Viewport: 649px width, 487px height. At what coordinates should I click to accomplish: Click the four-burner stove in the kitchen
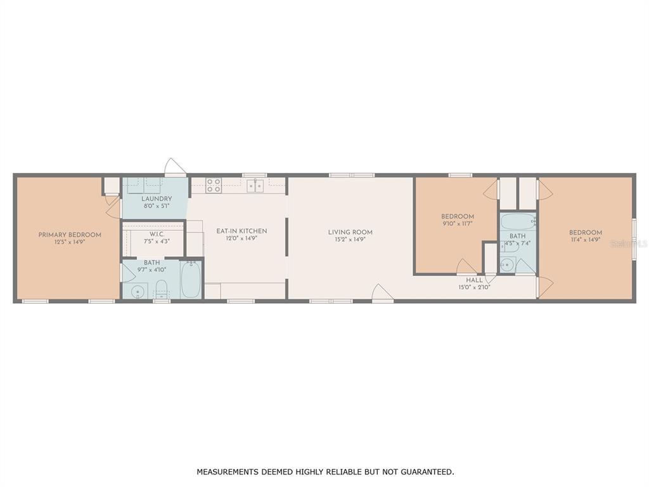(x=214, y=185)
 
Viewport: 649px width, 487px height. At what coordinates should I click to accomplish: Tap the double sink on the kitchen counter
(x=255, y=186)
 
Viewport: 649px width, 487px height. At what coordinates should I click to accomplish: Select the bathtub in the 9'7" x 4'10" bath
(x=191, y=279)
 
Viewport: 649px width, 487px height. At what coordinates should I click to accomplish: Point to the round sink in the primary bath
(x=138, y=292)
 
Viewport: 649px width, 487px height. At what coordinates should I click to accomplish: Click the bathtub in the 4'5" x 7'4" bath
(x=517, y=221)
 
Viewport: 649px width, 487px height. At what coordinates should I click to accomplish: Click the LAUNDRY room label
(x=157, y=198)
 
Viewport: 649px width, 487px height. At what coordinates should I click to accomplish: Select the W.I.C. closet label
(x=157, y=234)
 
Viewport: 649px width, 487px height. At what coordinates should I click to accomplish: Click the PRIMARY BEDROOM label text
(x=70, y=235)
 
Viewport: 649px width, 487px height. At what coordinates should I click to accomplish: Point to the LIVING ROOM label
(x=350, y=232)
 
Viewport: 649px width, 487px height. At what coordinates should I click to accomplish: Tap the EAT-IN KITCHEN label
(x=241, y=231)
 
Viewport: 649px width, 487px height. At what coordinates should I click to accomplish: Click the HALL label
(x=474, y=280)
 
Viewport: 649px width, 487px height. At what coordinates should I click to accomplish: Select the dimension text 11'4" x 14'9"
(x=585, y=239)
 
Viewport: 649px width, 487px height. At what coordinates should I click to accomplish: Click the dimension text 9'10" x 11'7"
(x=458, y=224)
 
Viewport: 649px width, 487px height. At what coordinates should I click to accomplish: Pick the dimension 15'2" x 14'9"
(x=350, y=239)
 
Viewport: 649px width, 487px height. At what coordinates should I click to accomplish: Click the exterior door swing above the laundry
(x=175, y=167)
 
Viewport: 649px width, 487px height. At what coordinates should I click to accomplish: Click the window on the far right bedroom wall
(x=634, y=239)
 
